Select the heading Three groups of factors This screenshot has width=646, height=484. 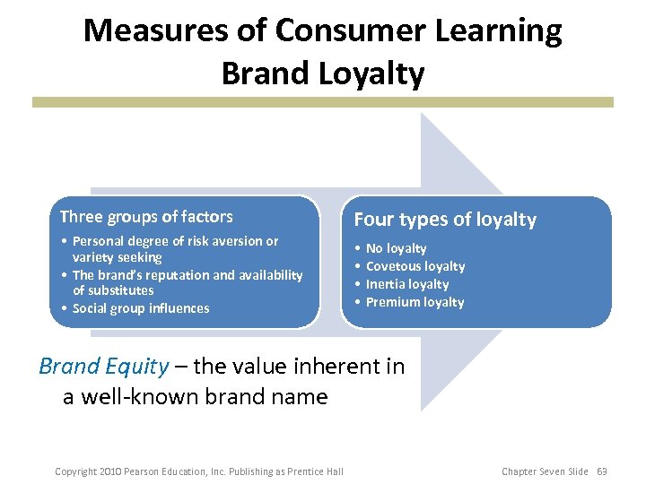click(x=146, y=217)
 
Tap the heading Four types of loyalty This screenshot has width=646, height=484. click(x=445, y=220)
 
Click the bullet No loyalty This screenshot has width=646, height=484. click(x=396, y=248)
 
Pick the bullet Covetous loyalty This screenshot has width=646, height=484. click(x=415, y=266)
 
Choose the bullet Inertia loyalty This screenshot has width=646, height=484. click(x=407, y=284)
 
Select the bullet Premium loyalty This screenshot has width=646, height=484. click(x=415, y=302)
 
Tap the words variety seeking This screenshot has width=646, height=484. click(x=118, y=257)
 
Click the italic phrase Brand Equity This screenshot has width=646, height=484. click(x=103, y=366)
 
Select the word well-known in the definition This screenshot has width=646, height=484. click(x=140, y=396)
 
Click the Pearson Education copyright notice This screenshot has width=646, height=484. click(x=199, y=471)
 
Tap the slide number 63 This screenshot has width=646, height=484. click(x=602, y=471)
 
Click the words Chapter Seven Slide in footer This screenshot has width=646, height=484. click(x=545, y=471)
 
